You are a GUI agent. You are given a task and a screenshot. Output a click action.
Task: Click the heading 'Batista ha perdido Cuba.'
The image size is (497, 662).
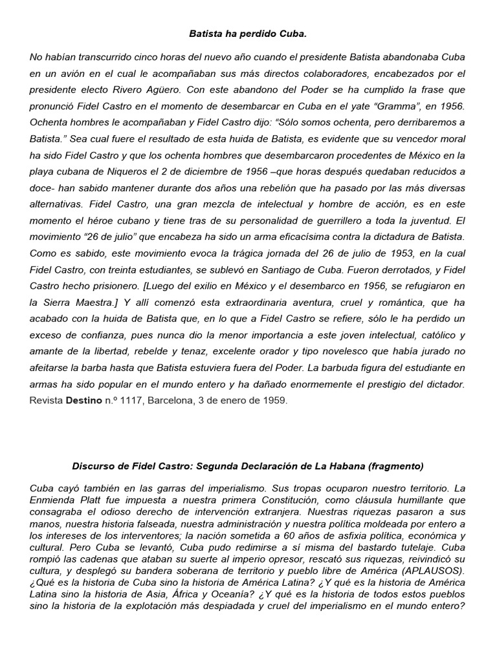tap(248, 32)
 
